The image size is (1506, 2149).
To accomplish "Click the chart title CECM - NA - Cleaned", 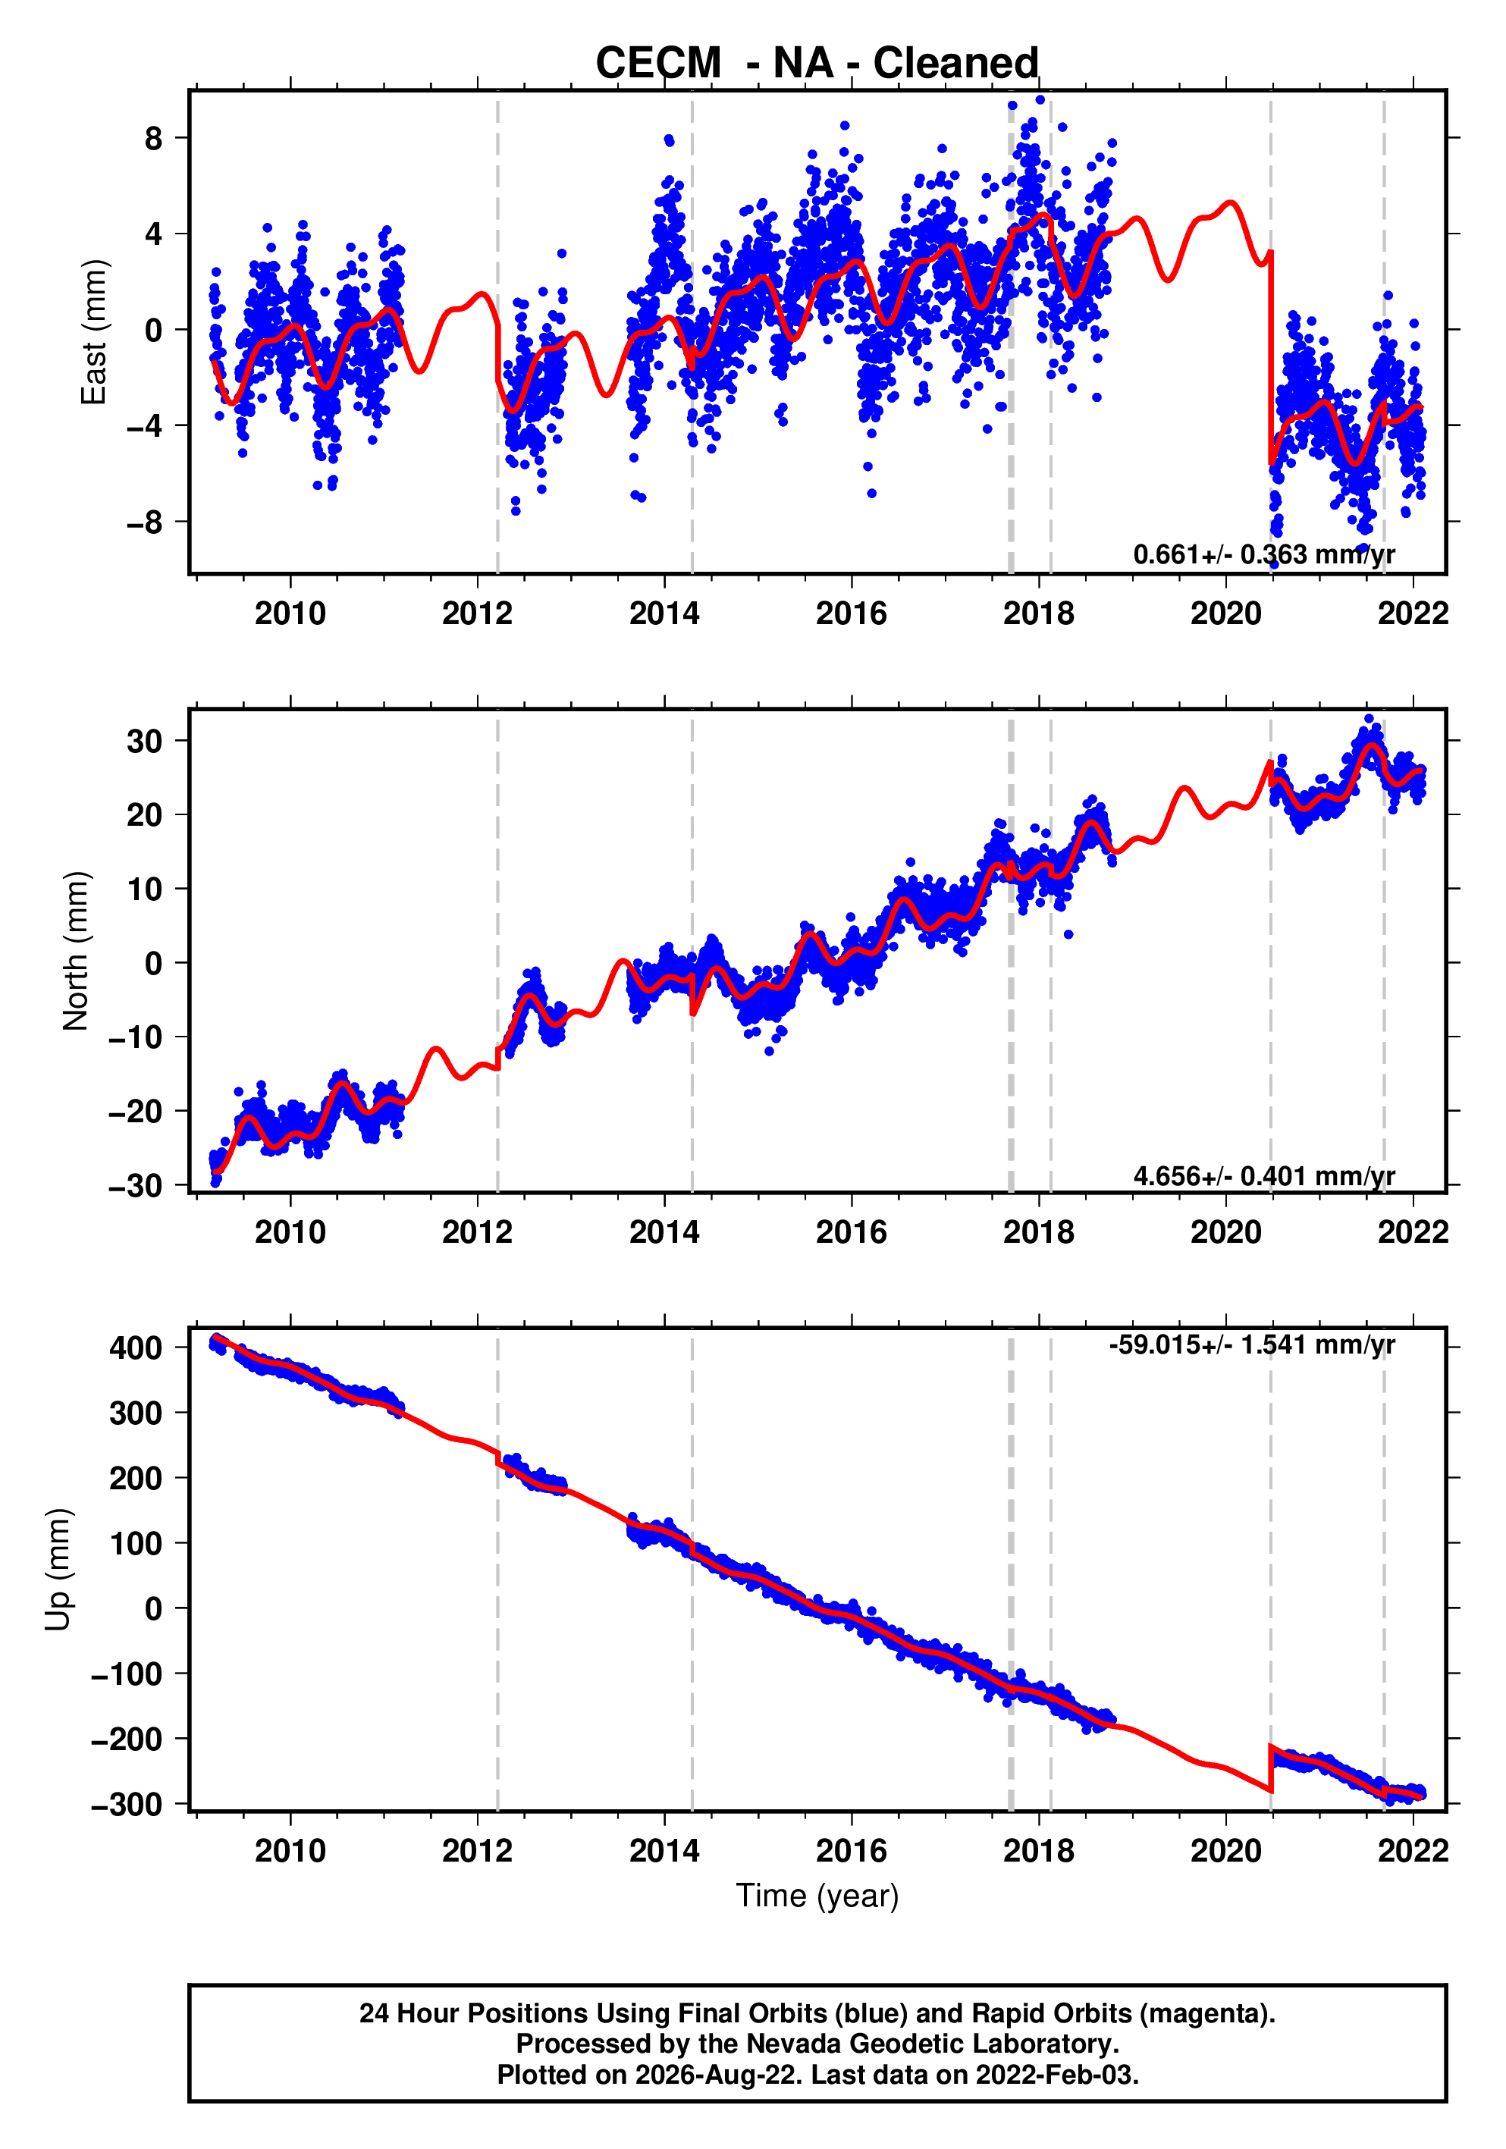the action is pos(817,64).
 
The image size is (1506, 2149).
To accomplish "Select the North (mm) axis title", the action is pos(76,951).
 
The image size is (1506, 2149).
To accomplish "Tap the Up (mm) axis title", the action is pos(58,1569).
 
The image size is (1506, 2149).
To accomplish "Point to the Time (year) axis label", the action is pos(817,1895).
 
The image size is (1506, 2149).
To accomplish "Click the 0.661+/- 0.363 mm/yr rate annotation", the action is pos(1263,554).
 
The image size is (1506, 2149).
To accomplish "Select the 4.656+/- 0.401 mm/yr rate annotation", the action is pos(1263,1175).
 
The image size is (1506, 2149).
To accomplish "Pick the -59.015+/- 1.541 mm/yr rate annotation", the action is pos(1251,1345).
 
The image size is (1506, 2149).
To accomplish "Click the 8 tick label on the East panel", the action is pos(153,139).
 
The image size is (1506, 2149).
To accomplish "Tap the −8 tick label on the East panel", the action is pos(145,522).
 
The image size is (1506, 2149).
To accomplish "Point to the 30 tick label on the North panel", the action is pos(145,742).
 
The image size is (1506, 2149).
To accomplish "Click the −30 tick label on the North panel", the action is pos(136,1186).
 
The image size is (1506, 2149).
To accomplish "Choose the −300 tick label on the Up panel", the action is pos(127,1804).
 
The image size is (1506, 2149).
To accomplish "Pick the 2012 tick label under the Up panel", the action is pos(477,1850).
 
